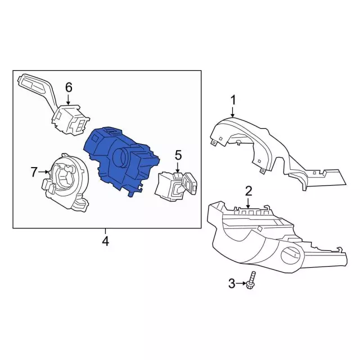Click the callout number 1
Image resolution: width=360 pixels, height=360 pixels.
tap(233, 101)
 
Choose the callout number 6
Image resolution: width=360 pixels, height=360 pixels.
tap(69, 87)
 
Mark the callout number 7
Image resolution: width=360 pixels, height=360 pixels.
tap(34, 170)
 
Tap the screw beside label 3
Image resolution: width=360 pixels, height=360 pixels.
tap(251, 281)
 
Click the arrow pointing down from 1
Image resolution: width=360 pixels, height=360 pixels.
tap(233, 112)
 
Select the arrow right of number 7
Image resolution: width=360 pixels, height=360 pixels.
tap(45, 170)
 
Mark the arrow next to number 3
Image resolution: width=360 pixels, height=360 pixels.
tap(241, 284)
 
